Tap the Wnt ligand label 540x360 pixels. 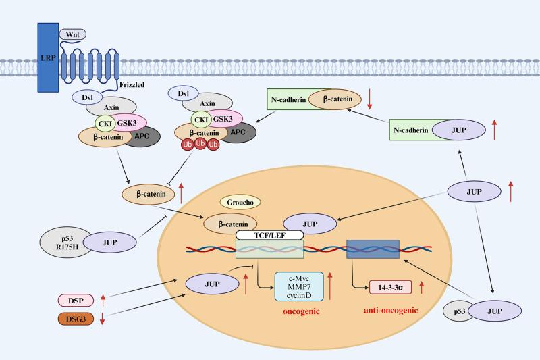pyautogui.click(x=70, y=34)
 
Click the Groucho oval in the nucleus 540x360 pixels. pyautogui.click(x=238, y=203)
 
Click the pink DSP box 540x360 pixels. pyautogui.click(x=76, y=299)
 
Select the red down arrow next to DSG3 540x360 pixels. pyautogui.click(x=103, y=319)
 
